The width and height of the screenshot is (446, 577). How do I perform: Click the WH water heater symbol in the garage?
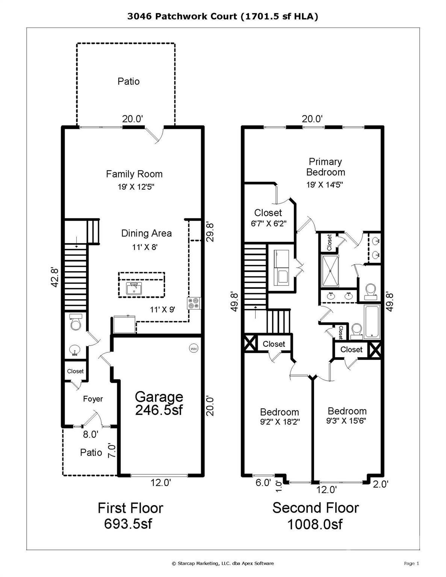[194, 349]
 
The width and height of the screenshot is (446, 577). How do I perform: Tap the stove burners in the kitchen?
[194, 303]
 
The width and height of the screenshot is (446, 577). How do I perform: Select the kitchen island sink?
[133, 290]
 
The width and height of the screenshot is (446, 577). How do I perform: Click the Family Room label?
[134, 174]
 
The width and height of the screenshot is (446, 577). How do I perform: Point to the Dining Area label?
[146, 233]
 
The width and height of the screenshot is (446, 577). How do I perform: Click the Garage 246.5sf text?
[159, 403]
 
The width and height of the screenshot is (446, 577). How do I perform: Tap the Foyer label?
[93, 399]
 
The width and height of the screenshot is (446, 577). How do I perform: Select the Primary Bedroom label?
[325, 167]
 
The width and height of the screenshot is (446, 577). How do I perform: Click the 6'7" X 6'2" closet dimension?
[269, 224]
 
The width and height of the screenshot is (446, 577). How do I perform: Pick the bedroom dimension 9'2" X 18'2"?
[280, 422]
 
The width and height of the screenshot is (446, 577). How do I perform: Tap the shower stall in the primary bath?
[330, 271]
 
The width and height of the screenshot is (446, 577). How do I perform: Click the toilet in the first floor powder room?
[76, 323]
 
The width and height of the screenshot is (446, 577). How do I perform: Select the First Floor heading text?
[130, 508]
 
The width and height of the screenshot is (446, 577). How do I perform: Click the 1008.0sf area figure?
[315, 524]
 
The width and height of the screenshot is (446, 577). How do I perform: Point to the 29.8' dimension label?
[210, 232]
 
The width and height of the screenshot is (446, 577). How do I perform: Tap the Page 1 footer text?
[411, 563]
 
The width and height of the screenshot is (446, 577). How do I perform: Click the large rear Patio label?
[129, 82]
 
